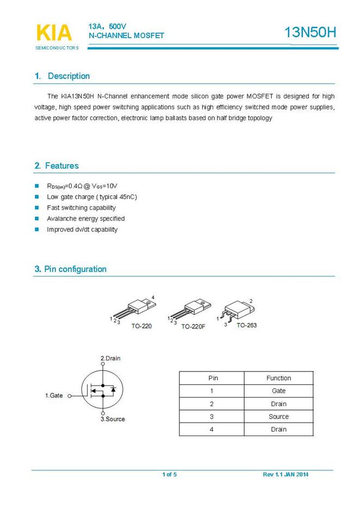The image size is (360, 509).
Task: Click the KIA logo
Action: [x=54, y=33]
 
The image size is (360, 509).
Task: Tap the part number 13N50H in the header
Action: [x=311, y=33]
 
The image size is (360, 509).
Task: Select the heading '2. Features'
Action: [x=57, y=166]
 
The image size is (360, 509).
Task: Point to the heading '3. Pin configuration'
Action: [x=71, y=269]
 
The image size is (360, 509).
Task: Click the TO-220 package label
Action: [x=141, y=326]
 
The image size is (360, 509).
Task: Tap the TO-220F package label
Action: [x=193, y=327]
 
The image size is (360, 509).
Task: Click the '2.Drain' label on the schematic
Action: [x=111, y=358]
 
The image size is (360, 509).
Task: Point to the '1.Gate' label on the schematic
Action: [x=54, y=395]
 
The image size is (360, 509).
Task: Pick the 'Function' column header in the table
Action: [x=278, y=378]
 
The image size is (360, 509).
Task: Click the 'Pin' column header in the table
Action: [x=213, y=378]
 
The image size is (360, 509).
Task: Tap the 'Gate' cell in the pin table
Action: [x=278, y=391]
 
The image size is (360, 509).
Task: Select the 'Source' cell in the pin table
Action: [x=278, y=417]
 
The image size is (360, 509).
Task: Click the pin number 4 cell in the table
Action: [x=212, y=430]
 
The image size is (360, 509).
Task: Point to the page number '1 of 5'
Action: [x=169, y=475]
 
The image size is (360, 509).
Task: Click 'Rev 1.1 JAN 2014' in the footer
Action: [x=285, y=475]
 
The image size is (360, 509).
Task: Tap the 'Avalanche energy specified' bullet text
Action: [x=86, y=219]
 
